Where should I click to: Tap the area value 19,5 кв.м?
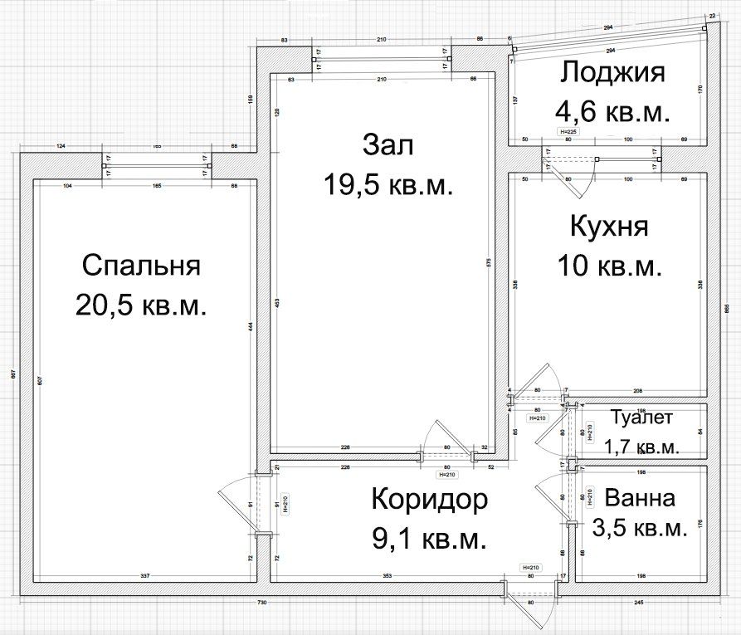coord(388,185)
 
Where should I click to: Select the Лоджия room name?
coord(612,73)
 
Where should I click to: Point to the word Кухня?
coord(610,227)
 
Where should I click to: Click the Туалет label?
coord(641,418)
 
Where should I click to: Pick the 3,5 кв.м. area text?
coord(640,529)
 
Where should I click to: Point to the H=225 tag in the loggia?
coord(568,132)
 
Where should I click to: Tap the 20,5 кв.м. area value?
coord(141,305)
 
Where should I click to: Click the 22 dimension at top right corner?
coord(712,15)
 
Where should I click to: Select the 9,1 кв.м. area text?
coord(429,540)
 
